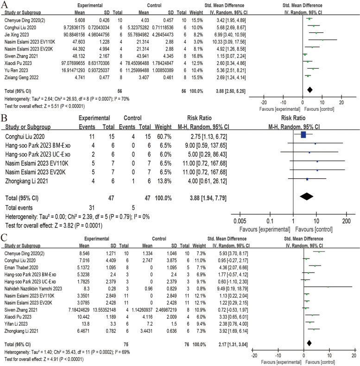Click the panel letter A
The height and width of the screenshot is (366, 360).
tap(6, 5)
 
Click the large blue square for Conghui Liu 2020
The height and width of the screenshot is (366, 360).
tap(303, 135)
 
